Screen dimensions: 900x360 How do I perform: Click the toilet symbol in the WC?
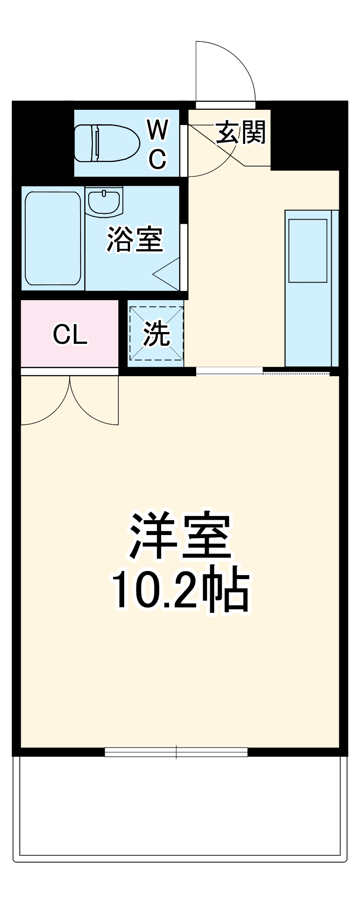click(x=107, y=143)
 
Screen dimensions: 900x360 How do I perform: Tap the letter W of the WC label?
click(x=157, y=130)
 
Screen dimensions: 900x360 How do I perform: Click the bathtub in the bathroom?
click(x=53, y=238)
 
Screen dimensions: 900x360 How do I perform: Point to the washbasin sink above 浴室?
click(x=104, y=202)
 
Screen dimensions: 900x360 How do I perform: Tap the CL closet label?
click(x=70, y=334)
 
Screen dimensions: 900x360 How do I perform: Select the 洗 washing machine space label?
click(x=156, y=334)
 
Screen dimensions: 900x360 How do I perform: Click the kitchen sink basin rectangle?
click(x=308, y=251)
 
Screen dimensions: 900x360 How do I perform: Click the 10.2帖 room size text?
click(x=180, y=590)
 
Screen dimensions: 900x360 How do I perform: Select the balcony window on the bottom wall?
click(x=176, y=751)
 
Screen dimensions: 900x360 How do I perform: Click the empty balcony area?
click(x=180, y=805)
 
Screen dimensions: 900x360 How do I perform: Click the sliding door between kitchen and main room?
click(x=229, y=371)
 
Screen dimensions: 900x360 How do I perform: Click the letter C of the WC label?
click(x=157, y=158)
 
